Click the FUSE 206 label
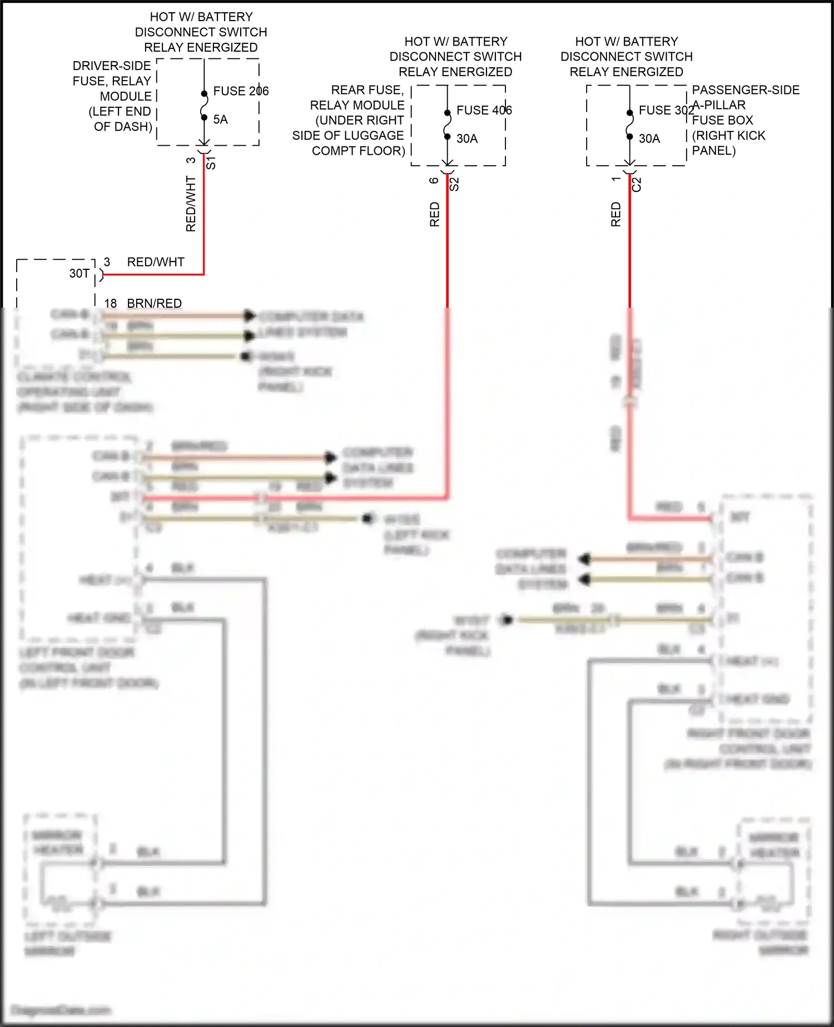tap(241, 91)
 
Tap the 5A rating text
tap(220, 120)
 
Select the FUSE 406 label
tap(484, 111)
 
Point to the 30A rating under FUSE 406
tap(467, 139)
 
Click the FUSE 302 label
tap(666, 111)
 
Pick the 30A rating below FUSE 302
tap(649, 139)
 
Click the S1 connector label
tap(211, 163)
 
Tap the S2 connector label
tap(454, 184)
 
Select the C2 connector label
tap(637, 184)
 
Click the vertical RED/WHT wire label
tap(191, 204)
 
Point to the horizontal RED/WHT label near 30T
tap(156, 262)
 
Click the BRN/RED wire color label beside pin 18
tap(155, 303)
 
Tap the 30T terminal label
tap(80, 274)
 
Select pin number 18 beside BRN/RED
tap(111, 303)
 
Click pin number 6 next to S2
tap(434, 180)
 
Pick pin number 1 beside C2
tap(616, 179)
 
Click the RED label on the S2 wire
tap(435, 214)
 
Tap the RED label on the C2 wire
tap(616, 214)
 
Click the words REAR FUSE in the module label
tap(367, 90)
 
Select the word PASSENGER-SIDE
tap(746, 90)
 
